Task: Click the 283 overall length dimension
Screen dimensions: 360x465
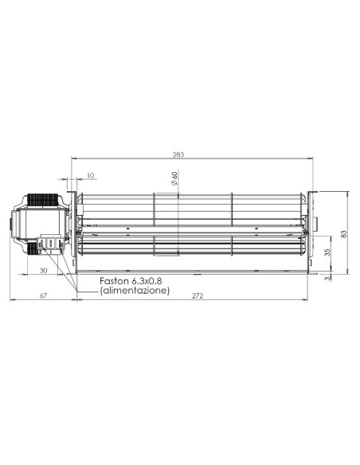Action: (178, 154)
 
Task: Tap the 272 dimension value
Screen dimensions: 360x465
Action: (198, 295)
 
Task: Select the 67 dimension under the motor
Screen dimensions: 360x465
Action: (43, 295)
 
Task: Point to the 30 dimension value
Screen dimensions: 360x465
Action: (43, 271)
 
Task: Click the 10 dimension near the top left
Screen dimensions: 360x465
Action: (91, 175)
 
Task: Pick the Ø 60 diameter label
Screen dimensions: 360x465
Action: (174, 178)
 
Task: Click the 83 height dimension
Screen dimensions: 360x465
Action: (344, 234)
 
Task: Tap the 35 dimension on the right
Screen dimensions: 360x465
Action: (327, 252)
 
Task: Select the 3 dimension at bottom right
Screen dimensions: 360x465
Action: (327, 279)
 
